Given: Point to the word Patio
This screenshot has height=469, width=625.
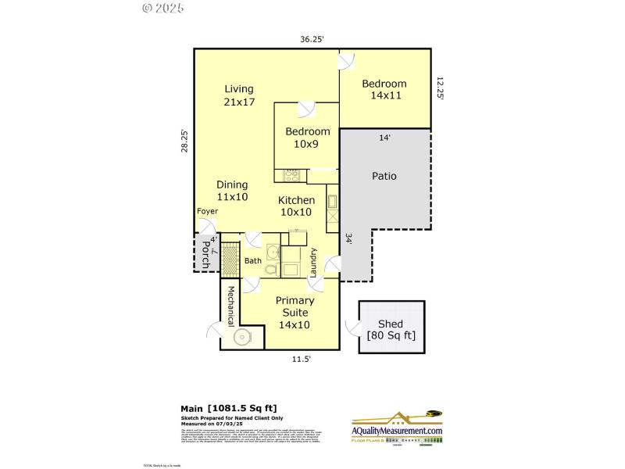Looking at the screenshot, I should pos(384,176).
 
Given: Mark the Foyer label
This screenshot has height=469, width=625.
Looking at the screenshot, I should pos(207,212).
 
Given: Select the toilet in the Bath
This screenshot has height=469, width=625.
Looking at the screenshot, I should pos(270,270).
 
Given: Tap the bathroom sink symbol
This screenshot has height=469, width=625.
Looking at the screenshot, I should pos(271,252).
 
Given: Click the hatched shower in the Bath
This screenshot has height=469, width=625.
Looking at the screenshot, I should pos(230,258).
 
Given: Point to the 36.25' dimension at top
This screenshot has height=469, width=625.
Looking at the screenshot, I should pos(312,38).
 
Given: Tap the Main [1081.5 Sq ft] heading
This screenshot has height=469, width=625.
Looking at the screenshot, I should pos(229,408).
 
